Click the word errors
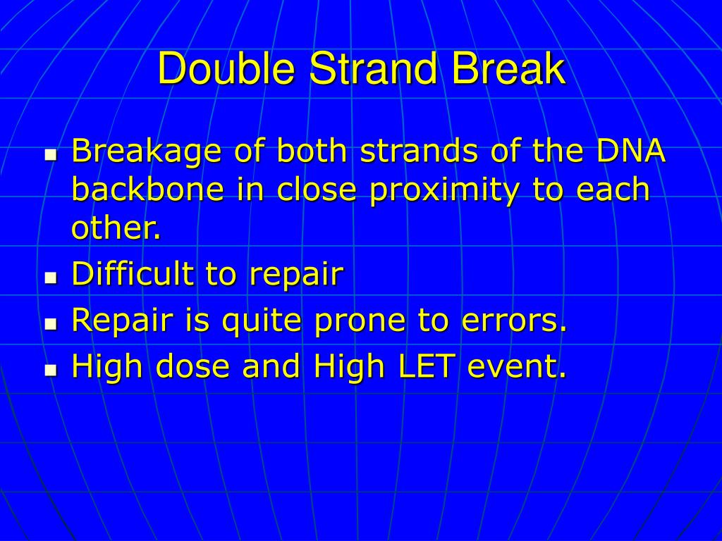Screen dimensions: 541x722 pos(514,321)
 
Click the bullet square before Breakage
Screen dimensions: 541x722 pos(50,154)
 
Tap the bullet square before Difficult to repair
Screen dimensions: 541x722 pos(50,278)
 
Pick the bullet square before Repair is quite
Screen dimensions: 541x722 pos(50,324)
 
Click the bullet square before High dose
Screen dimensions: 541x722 pos(50,370)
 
